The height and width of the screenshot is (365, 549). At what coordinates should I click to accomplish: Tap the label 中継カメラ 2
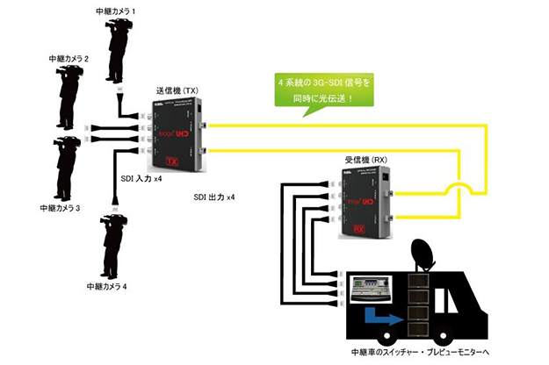[x=71, y=58]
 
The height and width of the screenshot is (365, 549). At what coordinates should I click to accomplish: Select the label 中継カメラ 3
[x=61, y=209]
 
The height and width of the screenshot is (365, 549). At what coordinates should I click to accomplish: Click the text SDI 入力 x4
[x=141, y=178]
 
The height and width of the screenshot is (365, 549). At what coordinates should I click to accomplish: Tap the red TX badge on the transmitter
[x=173, y=161]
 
